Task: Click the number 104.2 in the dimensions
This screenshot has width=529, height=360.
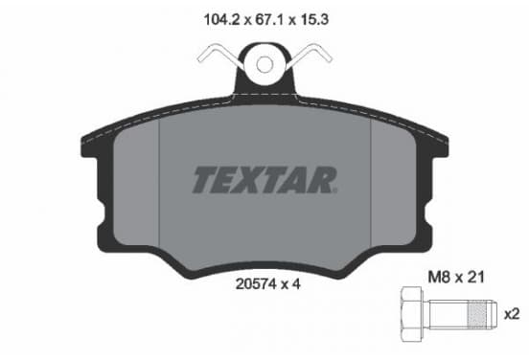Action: click(221, 20)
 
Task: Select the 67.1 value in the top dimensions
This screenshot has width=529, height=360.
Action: click(269, 20)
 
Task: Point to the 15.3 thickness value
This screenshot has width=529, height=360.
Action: click(314, 20)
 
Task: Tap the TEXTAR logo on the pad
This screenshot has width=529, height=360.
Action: click(264, 180)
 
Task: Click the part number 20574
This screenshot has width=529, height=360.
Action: click(256, 284)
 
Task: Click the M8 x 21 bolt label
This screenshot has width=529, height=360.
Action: click(456, 278)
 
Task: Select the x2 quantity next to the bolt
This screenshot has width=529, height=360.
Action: click(512, 314)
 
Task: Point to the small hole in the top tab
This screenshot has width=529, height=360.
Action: click(264, 64)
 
